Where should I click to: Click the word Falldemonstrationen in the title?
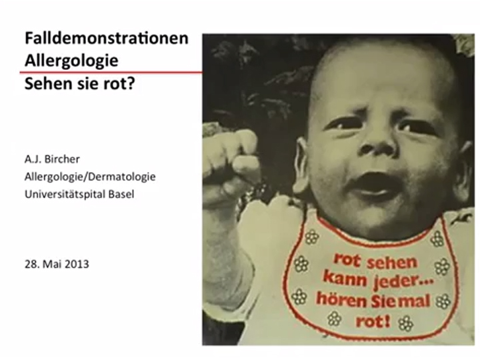[106, 38]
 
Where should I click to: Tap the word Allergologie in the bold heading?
[71, 61]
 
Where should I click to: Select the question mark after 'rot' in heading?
[131, 83]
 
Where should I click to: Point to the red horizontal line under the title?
[111, 73]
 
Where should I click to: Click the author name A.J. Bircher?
[52, 159]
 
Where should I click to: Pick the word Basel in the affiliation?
[121, 195]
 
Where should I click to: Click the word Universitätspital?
[65, 195]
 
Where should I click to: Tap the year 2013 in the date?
[77, 264]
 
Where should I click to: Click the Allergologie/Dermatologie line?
[90, 177]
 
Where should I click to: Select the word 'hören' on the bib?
[341, 299]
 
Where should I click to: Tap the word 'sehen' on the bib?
[392, 262]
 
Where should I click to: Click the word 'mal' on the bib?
[416, 301]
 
